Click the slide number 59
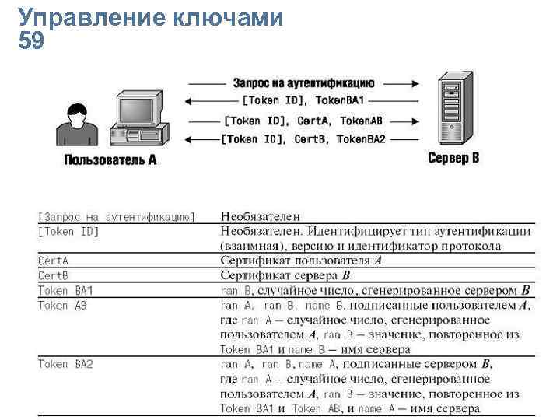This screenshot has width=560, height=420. pos(30,42)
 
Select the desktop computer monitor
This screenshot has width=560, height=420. pos(138,109)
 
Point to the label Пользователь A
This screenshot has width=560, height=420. pos(110,161)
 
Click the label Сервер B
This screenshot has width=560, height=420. pos(453,158)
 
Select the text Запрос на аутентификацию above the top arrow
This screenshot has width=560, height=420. pos(303,82)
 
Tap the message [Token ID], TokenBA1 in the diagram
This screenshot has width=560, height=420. pos(303,101)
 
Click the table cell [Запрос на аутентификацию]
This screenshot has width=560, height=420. pos(117,216)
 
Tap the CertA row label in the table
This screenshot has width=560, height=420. pos(54,261)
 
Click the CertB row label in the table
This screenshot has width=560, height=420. pos(54,275)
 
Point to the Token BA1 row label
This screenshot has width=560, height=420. pos(65,290)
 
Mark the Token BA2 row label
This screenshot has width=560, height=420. pos(65,364)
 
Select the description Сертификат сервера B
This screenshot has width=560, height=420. pos(285,275)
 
